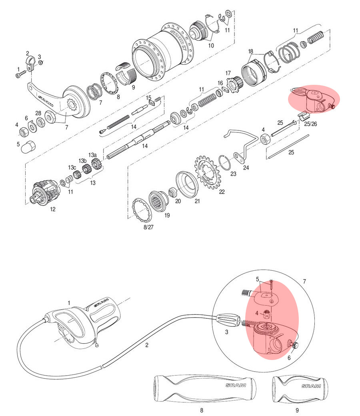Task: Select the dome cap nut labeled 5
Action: pyautogui.click(x=28, y=146)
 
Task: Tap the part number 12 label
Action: pyautogui.click(x=52, y=209)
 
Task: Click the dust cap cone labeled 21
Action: pyautogui.click(x=187, y=184)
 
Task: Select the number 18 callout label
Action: pyautogui.click(x=250, y=51)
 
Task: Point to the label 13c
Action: pyautogui.click(x=72, y=168)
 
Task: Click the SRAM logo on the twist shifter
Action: pyautogui.click(x=101, y=303)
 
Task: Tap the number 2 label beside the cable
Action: pyautogui.click(x=147, y=345)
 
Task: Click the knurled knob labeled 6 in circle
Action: pyautogui.click(x=295, y=345)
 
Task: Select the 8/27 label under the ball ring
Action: pyautogui.click(x=148, y=227)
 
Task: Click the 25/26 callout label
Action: pyautogui.click(x=310, y=124)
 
